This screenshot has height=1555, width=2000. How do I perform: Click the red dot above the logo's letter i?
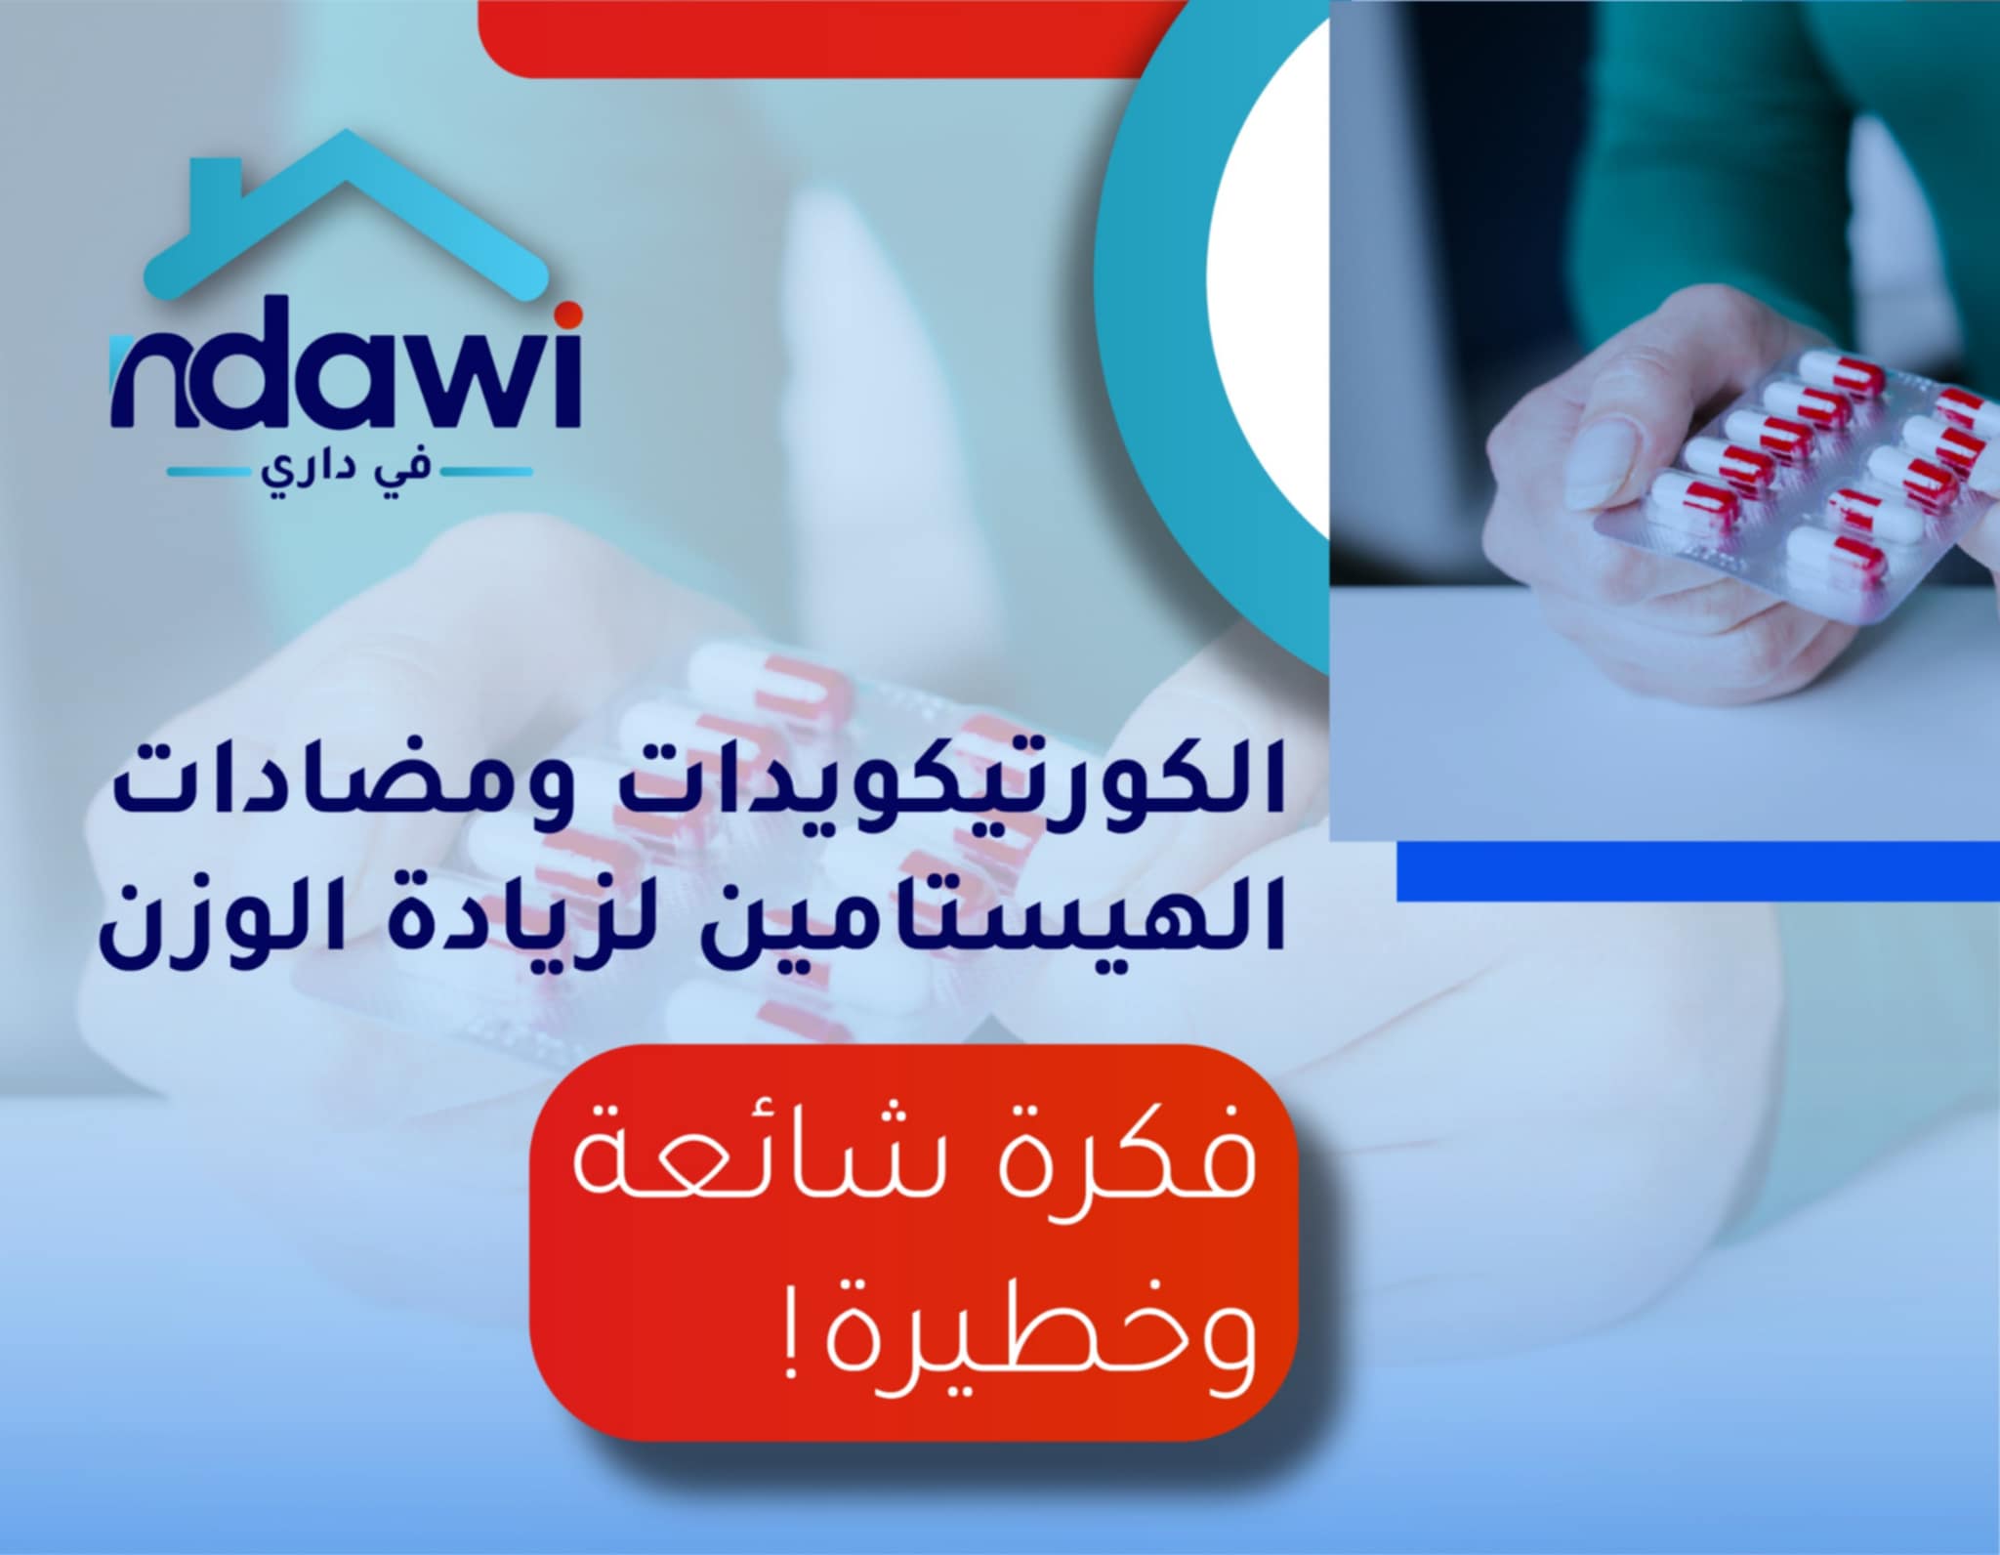point(572,313)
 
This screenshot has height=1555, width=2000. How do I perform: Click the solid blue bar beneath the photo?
point(1697,871)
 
